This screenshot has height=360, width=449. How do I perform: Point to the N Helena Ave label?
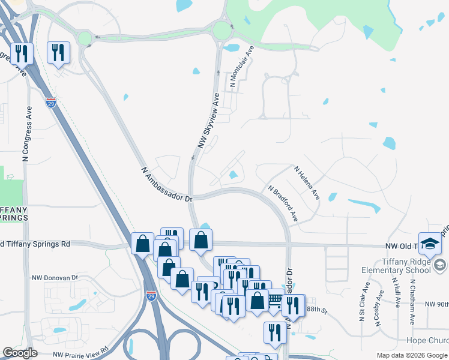(x=307, y=182)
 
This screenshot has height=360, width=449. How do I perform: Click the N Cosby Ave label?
(x=379, y=308)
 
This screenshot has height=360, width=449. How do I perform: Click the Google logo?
(x=20, y=353)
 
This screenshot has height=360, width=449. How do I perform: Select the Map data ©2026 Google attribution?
(x=412, y=355)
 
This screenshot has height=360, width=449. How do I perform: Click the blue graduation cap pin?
(x=430, y=243)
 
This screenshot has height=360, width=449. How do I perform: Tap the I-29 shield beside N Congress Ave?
(x=51, y=103)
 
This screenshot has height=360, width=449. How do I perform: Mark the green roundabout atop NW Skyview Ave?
(x=221, y=31)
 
